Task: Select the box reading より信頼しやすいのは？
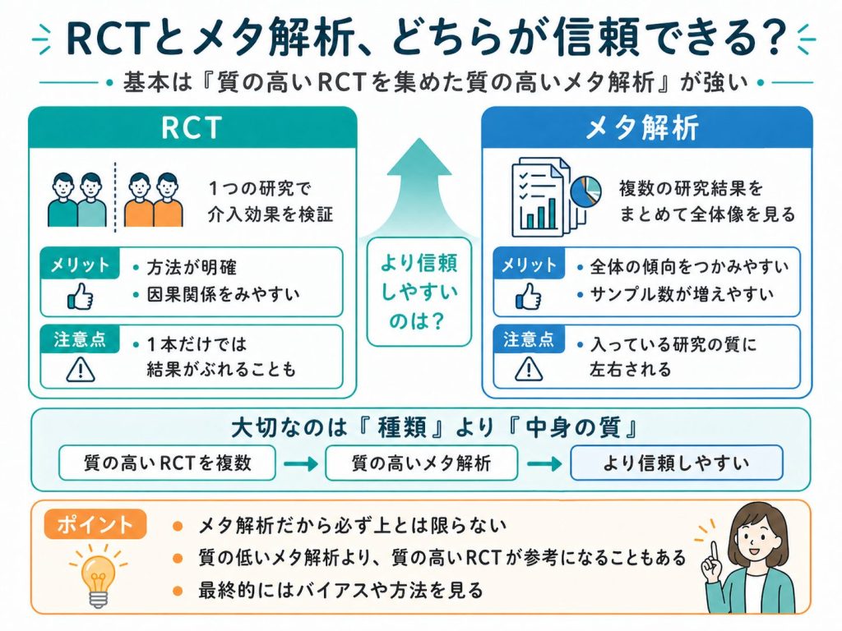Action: point(419,291)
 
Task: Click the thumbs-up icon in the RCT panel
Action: point(80,297)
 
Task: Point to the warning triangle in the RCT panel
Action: point(80,371)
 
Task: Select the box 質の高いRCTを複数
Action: point(167,463)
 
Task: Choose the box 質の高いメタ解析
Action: point(421,463)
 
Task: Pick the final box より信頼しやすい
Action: point(676,463)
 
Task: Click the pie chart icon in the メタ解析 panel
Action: point(585,191)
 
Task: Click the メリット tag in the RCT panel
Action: point(81,265)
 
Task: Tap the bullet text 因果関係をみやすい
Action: point(222,292)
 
